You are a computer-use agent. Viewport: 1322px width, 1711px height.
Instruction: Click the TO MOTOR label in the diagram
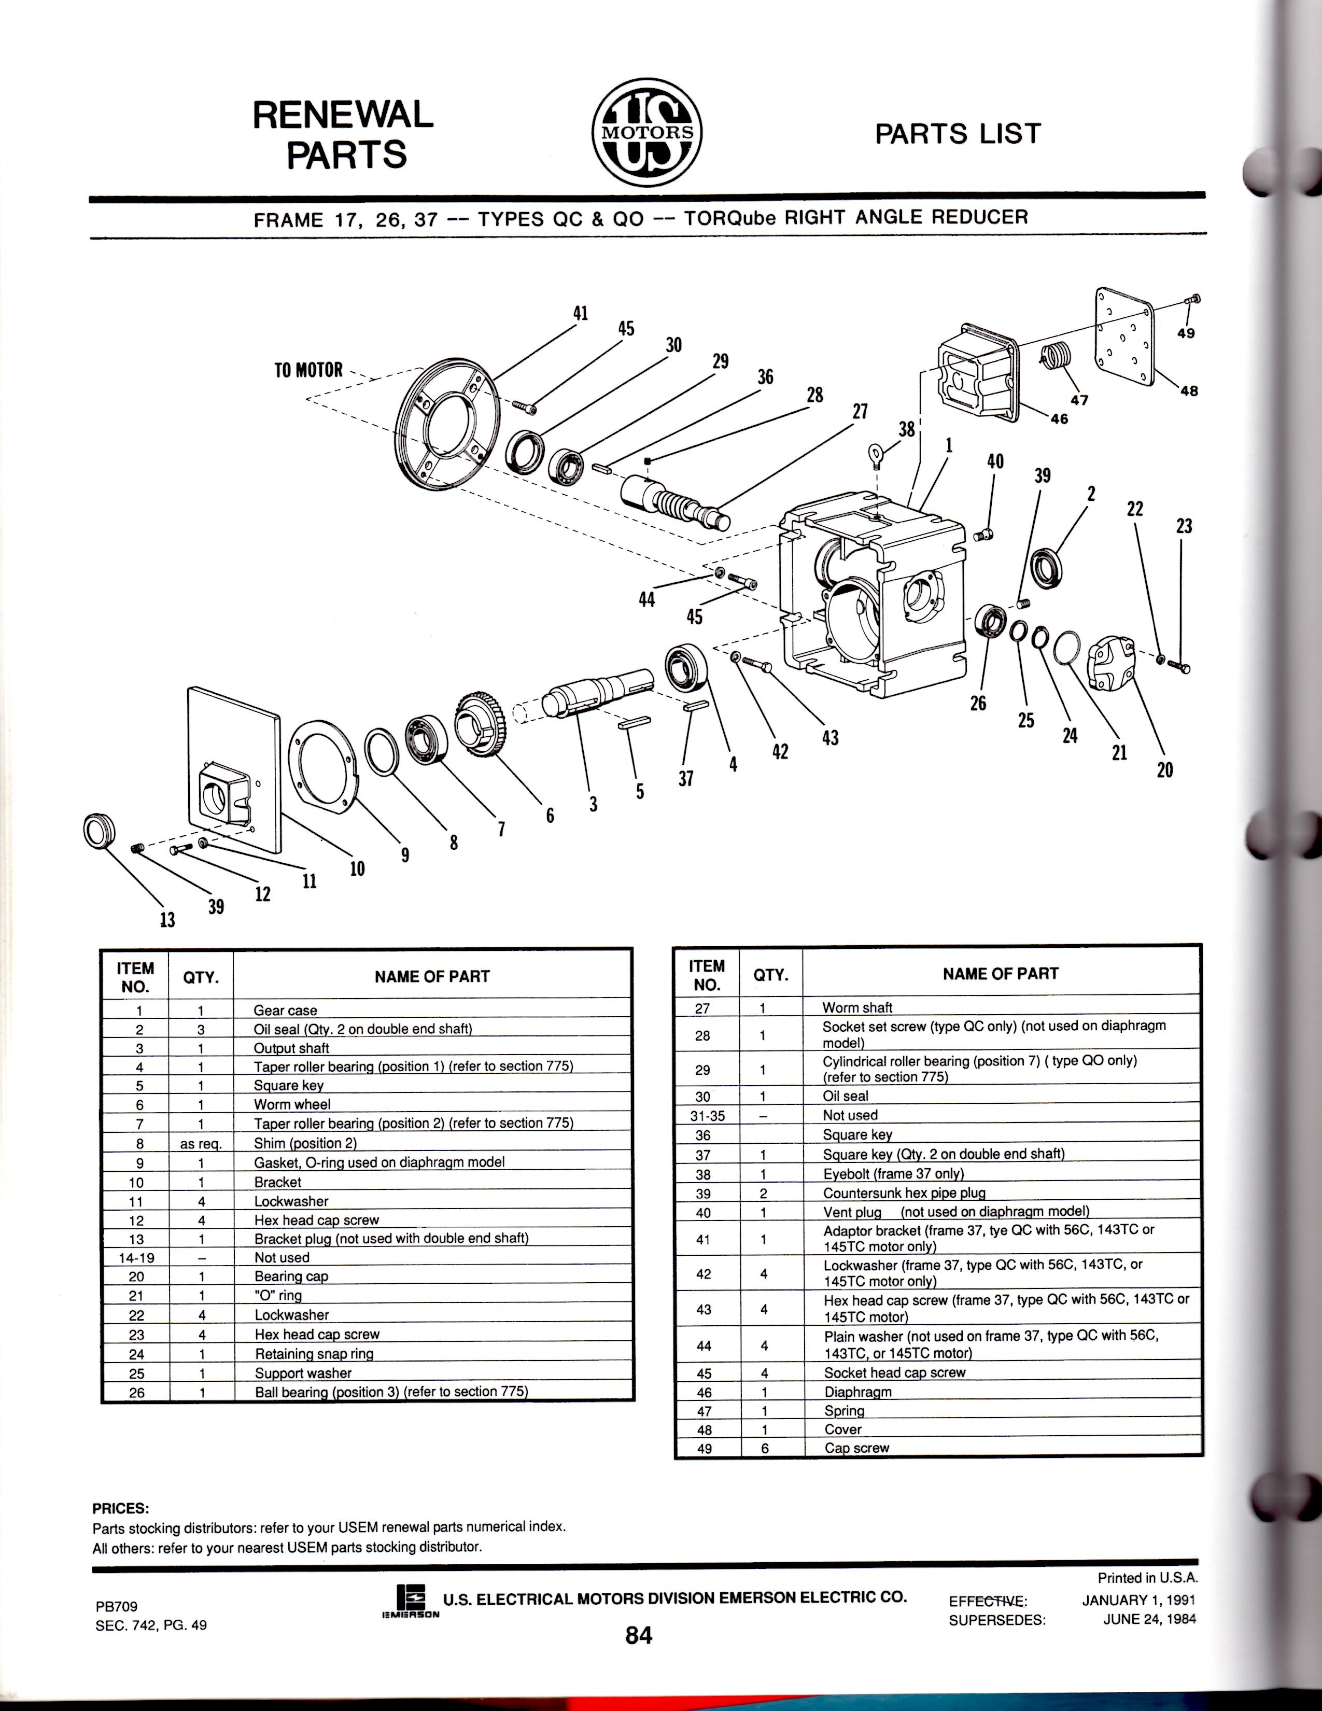[x=308, y=370]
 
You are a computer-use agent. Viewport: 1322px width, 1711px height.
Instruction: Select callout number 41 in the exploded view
[x=580, y=313]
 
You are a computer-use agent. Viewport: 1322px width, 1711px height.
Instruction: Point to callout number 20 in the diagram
[x=1164, y=770]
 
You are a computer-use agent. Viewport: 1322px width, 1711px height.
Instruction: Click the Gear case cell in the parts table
[x=285, y=1011]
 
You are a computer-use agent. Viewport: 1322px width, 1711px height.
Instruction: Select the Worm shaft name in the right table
[x=857, y=1007]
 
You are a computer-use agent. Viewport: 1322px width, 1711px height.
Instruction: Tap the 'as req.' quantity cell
[x=201, y=1144]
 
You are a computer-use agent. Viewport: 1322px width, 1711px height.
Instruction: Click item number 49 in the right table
[x=704, y=1449]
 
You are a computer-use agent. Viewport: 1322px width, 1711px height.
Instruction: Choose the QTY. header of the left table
[x=201, y=977]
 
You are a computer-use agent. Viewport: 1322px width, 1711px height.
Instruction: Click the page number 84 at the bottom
[x=638, y=1635]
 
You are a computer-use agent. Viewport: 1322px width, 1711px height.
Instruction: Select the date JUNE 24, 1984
[x=1149, y=1619]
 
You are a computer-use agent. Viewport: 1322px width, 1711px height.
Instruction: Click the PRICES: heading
[x=120, y=1509]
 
